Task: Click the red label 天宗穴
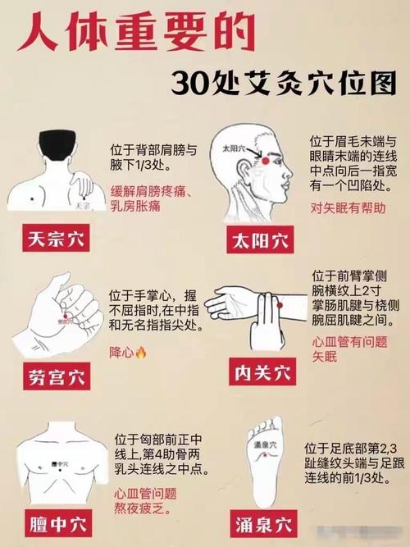pyautogui.click(x=55, y=240)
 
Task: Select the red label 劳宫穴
pyautogui.click(x=55, y=378)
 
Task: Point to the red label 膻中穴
pyautogui.click(x=55, y=522)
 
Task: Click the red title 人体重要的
pyautogui.click(x=114, y=34)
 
